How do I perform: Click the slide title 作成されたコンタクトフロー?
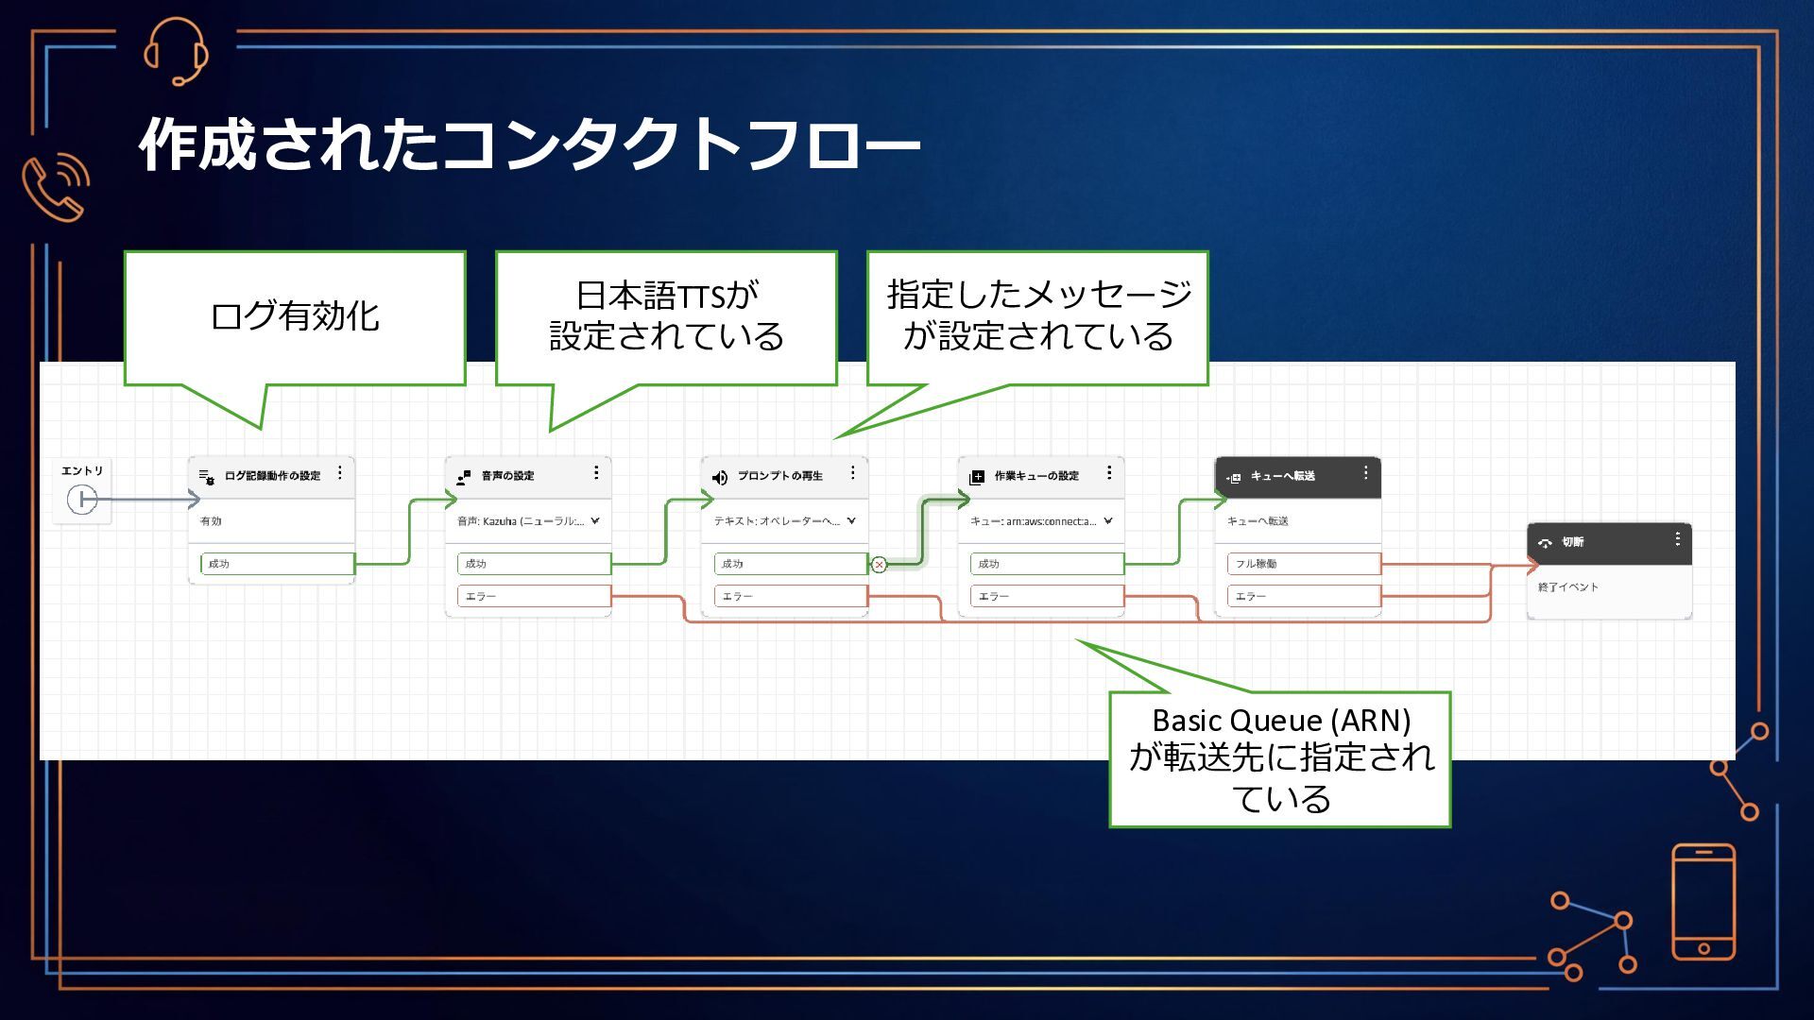(x=529, y=144)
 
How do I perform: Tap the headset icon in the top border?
(x=176, y=51)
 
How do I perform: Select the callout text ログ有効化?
(x=295, y=316)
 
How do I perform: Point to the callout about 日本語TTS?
(x=666, y=316)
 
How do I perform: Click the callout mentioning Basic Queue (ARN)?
(x=1280, y=759)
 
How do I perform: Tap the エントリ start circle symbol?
(x=82, y=499)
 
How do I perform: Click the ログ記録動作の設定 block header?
(x=272, y=476)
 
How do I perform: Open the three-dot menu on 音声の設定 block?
(x=596, y=472)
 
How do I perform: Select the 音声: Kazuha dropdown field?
(x=528, y=521)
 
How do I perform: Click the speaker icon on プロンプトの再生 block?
(x=720, y=477)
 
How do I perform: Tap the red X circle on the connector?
(x=879, y=565)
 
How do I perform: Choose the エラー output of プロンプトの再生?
(x=790, y=596)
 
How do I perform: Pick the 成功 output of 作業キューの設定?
(x=1046, y=564)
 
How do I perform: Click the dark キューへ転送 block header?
(x=1296, y=476)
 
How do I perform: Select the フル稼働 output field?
(x=1303, y=564)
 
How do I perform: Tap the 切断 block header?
(x=1608, y=542)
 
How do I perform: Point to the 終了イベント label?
(x=1568, y=587)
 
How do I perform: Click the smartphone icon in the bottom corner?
(x=1703, y=902)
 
